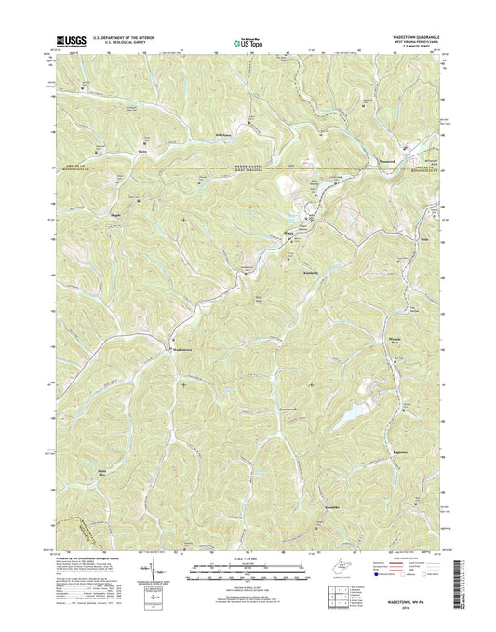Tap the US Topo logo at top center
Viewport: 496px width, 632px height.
(x=248, y=41)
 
